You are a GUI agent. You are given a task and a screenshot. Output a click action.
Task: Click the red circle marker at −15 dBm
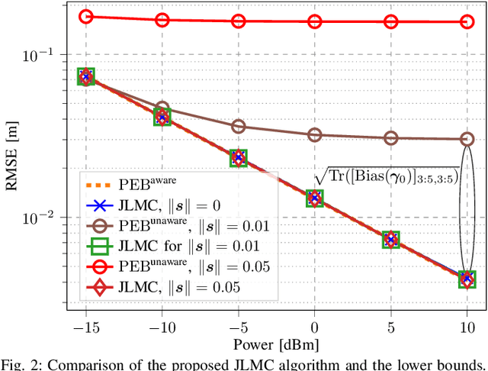pos(85,17)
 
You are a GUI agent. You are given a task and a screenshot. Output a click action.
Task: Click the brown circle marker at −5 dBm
pos(238,126)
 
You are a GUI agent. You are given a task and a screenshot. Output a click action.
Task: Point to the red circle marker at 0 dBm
pos(315,21)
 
